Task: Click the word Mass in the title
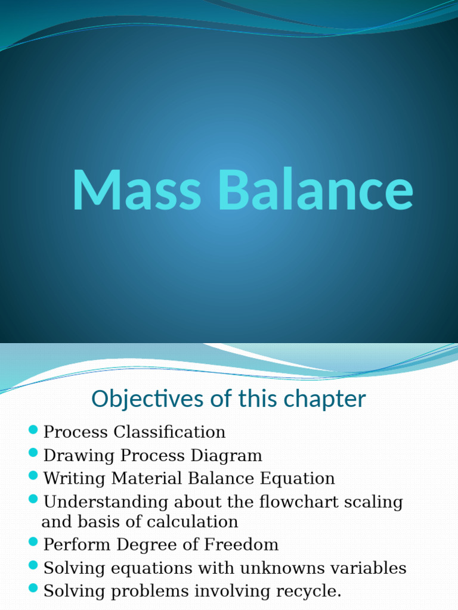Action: [136, 191]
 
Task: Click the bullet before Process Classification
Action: [33, 430]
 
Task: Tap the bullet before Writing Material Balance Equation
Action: [33, 477]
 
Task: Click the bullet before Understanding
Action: [33, 499]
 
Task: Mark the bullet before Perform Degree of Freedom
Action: [33, 543]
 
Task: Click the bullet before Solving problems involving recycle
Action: [33, 589]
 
